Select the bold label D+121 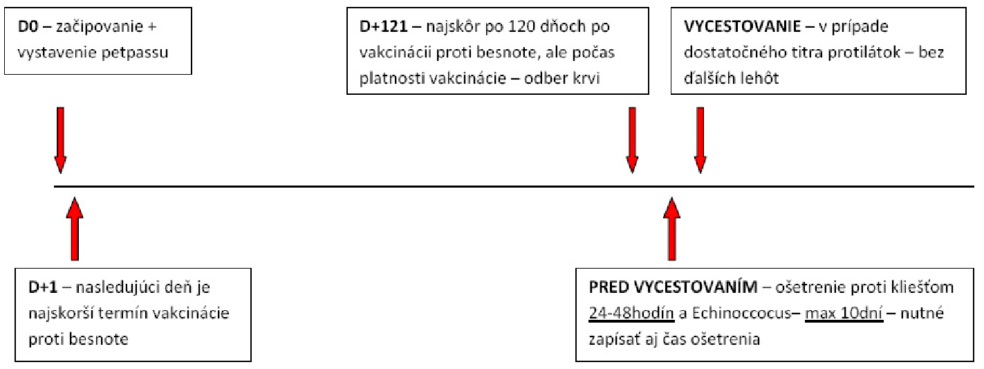(383, 26)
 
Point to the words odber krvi (561, 78)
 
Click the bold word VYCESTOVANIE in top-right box (742, 26)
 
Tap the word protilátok (863, 53)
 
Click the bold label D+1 (43, 287)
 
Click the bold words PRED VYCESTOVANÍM (674, 287)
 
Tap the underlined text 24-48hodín (631, 314)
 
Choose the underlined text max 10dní (844, 314)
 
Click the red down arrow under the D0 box (61, 141)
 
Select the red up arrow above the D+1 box (75, 228)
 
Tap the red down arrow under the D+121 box (632, 141)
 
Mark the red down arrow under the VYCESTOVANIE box (700, 141)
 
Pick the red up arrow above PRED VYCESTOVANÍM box (671, 228)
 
